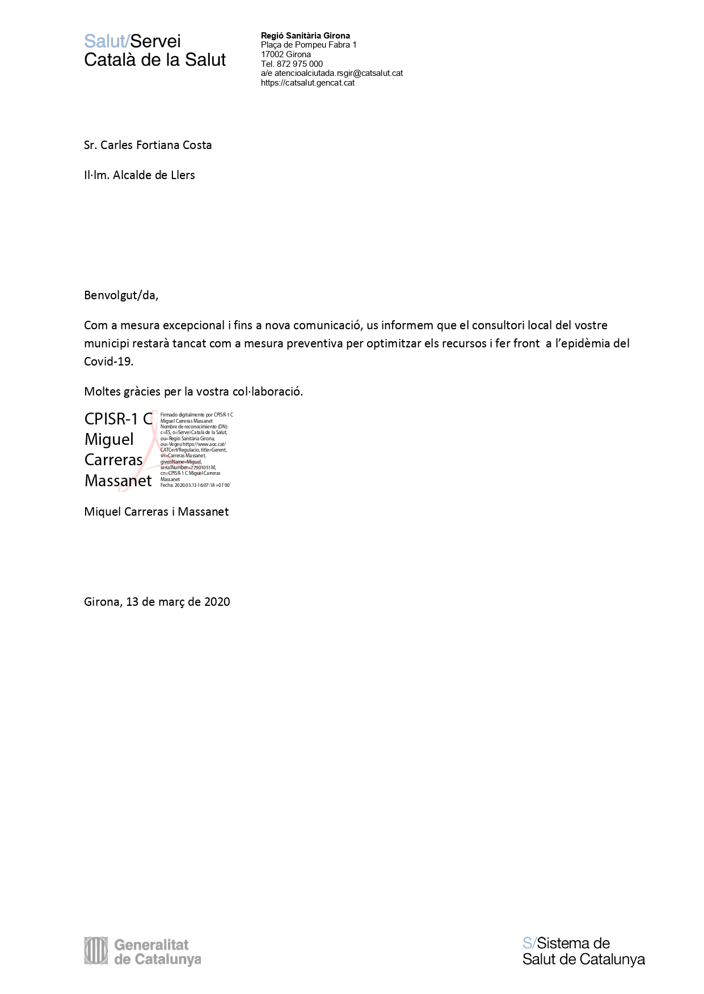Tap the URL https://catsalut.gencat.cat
[x=307, y=83]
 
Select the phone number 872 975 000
[x=300, y=64]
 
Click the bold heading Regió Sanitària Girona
[x=305, y=36]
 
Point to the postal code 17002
[x=272, y=54]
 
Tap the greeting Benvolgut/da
[x=121, y=295]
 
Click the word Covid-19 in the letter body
[x=108, y=362]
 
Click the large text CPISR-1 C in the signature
[x=119, y=419]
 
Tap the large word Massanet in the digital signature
[x=118, y=481]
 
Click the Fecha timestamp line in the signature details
[x=195, y=485]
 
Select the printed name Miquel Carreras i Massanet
[x=156, y=512]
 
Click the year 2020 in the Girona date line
[x=217, y=602]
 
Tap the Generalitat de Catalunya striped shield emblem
[x=96, y=950]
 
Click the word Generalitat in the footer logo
[x=151, y=945]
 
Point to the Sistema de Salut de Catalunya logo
[x=583, y=951]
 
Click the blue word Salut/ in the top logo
[x=107, y=41]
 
